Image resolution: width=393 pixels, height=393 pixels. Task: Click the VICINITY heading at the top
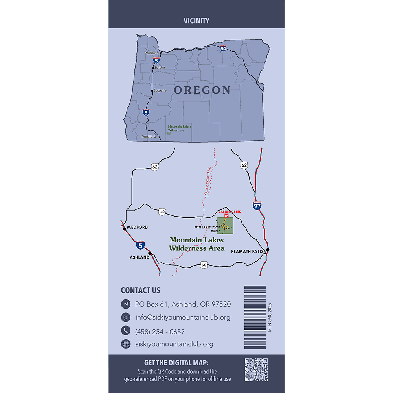[x=196, y=21]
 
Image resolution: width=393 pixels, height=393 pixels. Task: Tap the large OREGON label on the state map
[x=202, y=90]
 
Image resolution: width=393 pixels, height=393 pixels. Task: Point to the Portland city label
[x=152, y=53]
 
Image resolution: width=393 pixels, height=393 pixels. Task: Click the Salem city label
[x=160, y=68]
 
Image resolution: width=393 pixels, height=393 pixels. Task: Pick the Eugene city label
[x=160, y=90]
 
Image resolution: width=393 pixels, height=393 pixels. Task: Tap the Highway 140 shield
[x=162, y=212]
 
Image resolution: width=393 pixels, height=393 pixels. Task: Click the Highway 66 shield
[x=203, y=265]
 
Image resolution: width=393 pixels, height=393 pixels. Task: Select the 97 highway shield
[x=257, y=205]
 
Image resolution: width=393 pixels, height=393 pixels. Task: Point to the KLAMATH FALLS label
[x=248, y=251]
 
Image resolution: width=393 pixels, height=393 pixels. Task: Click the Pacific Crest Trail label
[x=207, y=182]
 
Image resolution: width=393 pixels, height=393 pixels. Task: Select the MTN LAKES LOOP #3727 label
[x=207, y=229]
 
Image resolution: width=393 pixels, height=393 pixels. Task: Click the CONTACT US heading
[x=140, y=290]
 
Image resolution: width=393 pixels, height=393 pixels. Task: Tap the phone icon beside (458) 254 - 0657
[x=125, y=331]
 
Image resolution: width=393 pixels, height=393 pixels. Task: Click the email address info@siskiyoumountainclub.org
[x=183, y=317]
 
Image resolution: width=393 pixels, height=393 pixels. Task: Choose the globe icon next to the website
[x=125, y=344]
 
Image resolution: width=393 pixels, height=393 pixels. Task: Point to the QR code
[x=256, y=370]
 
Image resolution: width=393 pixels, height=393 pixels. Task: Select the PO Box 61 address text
[x=183, y=304]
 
